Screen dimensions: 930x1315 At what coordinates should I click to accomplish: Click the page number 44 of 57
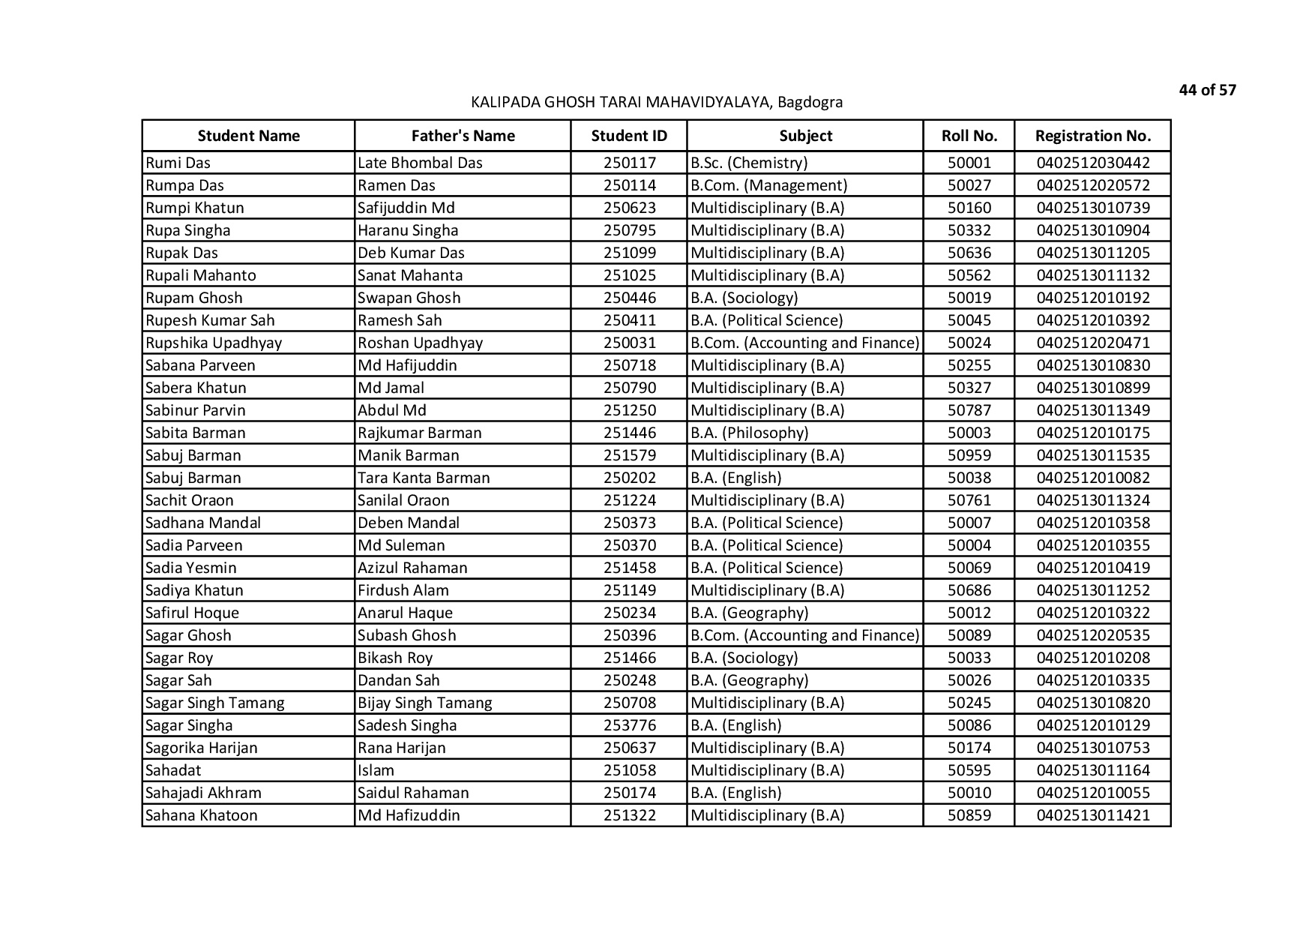click(x=1207, y=90)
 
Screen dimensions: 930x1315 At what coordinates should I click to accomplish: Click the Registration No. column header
click(x=1092, y=136)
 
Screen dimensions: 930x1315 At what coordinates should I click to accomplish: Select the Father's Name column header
click(x=463, y=136)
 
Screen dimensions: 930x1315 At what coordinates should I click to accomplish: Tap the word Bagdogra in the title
click(x=810, y=102)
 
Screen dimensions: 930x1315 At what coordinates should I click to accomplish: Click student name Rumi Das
click(x=178, y=163)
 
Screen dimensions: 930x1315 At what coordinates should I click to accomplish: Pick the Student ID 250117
click(x=629, y=163)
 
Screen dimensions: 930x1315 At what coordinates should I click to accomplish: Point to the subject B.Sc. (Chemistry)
click(x=748, y=163)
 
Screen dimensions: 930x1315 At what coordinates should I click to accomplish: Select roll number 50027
click(x=969, y=185)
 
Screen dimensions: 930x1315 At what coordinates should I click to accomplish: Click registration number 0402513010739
click(x=1092, y=208)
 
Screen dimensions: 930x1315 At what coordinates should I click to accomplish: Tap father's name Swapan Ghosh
click(x=409, y=298)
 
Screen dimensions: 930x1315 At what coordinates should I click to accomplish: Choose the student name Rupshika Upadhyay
click(x=214, y=343)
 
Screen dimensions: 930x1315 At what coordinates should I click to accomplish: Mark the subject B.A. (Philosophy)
click(x=749, y=433)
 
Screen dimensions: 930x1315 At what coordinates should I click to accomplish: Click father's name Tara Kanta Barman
click(x=424, y=478)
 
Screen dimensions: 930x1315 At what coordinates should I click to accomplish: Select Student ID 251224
click(x=629, y=500)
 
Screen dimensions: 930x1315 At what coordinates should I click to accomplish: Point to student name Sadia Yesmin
click(x=190, y=568)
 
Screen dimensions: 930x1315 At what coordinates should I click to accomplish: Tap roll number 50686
click(x=969, y=590)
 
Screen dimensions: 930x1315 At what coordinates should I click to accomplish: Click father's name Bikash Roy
click(x=395, y=658)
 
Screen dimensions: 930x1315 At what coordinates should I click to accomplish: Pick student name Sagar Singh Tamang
click(x=214, y=703)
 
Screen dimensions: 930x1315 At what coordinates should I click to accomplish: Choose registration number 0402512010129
click(x=1092, y=725)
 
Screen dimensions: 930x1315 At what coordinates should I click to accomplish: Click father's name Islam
click(x=376, y=770)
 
